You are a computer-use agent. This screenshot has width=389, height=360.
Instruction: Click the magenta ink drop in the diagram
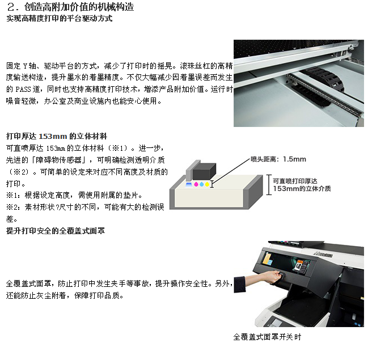click(x=196, y=184)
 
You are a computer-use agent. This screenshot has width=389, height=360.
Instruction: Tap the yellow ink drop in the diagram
click(x=207, y=184)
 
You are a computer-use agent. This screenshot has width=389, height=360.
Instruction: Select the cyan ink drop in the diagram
click(x=201, y=184)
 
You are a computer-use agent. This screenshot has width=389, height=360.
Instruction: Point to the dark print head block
click(x=204, y=171)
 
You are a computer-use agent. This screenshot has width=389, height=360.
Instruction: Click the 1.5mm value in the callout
click(x=294, y=159)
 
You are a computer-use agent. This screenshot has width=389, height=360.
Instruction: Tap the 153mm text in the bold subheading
click(x=53, y=136)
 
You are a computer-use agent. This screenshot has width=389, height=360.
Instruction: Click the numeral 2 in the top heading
click(x=11, y=7)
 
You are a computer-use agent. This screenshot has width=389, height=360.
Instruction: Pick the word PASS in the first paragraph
click(x=23, y=90)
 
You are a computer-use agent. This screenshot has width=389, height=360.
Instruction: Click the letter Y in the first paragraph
click(x=25, y=66)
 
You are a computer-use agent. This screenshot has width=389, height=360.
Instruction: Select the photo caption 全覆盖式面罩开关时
click(x=267, y=337)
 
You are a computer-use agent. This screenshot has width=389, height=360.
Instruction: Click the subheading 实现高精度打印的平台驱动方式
click(x=60, y=19)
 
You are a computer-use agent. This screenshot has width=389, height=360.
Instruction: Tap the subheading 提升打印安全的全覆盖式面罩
click(x=56, y=231)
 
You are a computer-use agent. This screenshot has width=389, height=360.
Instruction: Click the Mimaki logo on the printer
click(x=323, y=254)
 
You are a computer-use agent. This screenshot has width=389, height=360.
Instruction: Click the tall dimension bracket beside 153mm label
click(x=269, y=185)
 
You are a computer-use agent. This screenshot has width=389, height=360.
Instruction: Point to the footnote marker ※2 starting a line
click(x=12, y=207)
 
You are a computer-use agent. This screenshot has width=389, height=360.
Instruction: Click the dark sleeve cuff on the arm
click(x=240, y=285)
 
